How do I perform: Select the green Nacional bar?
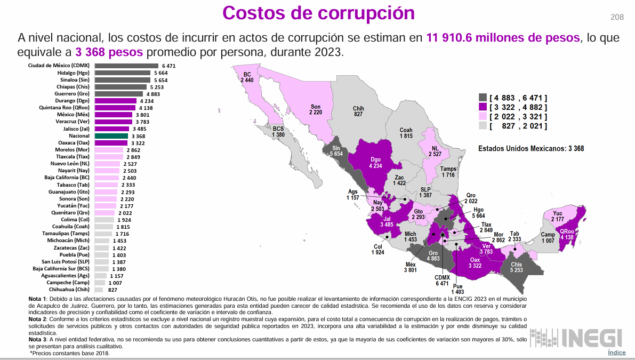tap(111, 136)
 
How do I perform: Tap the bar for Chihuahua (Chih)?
tap(99, 290)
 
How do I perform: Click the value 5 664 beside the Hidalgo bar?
tap(161, 73)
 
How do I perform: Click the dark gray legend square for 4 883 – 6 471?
tap(483, 98)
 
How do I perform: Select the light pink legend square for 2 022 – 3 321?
tap(483, 117)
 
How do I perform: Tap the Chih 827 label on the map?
tap(358, 111)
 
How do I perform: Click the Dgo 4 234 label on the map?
tap(375, 162)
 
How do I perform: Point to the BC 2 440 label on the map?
tap(247, 77)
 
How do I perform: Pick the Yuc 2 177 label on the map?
tap(558, 217)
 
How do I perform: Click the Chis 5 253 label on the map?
tap(516, 267)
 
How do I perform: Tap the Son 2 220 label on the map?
tap(316, 109)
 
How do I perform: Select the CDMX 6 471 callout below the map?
tap(442, 281)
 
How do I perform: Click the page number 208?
tap(617, 18)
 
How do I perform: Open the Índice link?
tap(616, 353)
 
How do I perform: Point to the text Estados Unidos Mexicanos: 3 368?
tap(530, 148)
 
